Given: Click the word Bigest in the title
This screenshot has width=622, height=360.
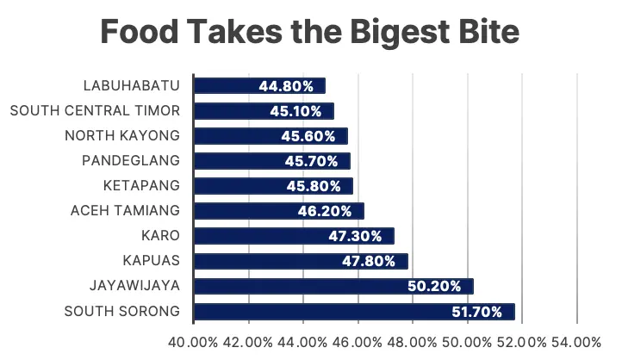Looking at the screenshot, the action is click(x=400, y=33).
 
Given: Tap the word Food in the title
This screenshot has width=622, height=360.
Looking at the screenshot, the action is click(x=140, y=32).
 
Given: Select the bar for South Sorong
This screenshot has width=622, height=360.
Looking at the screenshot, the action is click(x=354, y=312).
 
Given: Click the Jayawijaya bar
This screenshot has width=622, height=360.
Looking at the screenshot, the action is click(x=333, y=286).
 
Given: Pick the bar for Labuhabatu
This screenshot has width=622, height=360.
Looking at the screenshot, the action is click(x=259, y=85).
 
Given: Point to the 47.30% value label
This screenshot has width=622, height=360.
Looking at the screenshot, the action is click(x=355, y=236).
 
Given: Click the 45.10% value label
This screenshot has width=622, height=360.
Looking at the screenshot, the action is click(x=295, y=111).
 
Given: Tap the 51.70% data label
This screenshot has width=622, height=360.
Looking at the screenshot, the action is click(x=476, y=312).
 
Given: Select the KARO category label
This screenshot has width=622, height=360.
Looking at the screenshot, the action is click(x=160, y=235).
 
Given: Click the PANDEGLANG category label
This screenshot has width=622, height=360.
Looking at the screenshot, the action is click(x=131, y=160).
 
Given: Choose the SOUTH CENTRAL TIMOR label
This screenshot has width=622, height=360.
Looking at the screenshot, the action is click(x=95, y=110).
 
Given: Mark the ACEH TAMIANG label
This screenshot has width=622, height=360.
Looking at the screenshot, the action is click(x=125, y=210).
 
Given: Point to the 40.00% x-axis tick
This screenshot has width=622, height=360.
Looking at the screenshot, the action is click(x=193, y=342).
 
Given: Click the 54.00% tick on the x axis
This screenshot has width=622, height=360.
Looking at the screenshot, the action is click(x=576, y=342).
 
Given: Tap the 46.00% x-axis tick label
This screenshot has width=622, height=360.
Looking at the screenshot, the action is click(x=358, y=342).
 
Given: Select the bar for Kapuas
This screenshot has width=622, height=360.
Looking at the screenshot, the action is click(x=301, y=261).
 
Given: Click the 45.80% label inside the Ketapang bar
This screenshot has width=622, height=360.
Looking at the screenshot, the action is click(x=314, y=186).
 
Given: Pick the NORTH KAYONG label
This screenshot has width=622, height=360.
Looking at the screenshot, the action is click(x=122, y=135).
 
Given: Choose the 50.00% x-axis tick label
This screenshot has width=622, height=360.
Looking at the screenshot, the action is click(x=467, y=342).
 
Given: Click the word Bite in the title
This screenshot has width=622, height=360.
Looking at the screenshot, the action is click(x=489, y=32).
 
